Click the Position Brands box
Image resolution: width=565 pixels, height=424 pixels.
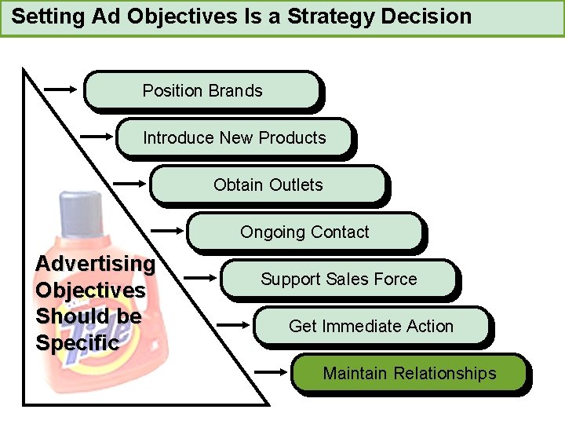tap(202, 91)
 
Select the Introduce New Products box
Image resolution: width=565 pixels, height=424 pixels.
tap(235, 138)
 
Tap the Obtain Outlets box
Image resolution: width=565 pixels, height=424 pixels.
tap(268, 185)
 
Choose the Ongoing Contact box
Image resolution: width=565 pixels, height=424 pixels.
tap(304, 232)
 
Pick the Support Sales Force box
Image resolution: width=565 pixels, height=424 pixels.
tap(338, 280)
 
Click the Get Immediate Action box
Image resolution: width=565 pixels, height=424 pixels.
tap(371, 326)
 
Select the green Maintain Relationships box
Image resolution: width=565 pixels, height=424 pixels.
tap(409, 373)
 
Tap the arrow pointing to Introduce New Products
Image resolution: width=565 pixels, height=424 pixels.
tap(97, 136)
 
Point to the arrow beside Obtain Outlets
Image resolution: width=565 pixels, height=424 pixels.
tap(130, 183)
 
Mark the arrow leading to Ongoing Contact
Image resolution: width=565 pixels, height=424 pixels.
tap(166, 230)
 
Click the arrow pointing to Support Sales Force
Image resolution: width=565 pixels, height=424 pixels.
tap(200, 277)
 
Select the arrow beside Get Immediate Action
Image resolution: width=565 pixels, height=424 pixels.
tap(234, 323)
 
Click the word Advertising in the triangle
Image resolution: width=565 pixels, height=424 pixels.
tap(95, 264)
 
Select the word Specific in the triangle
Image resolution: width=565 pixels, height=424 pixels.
tap(78, 343)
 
